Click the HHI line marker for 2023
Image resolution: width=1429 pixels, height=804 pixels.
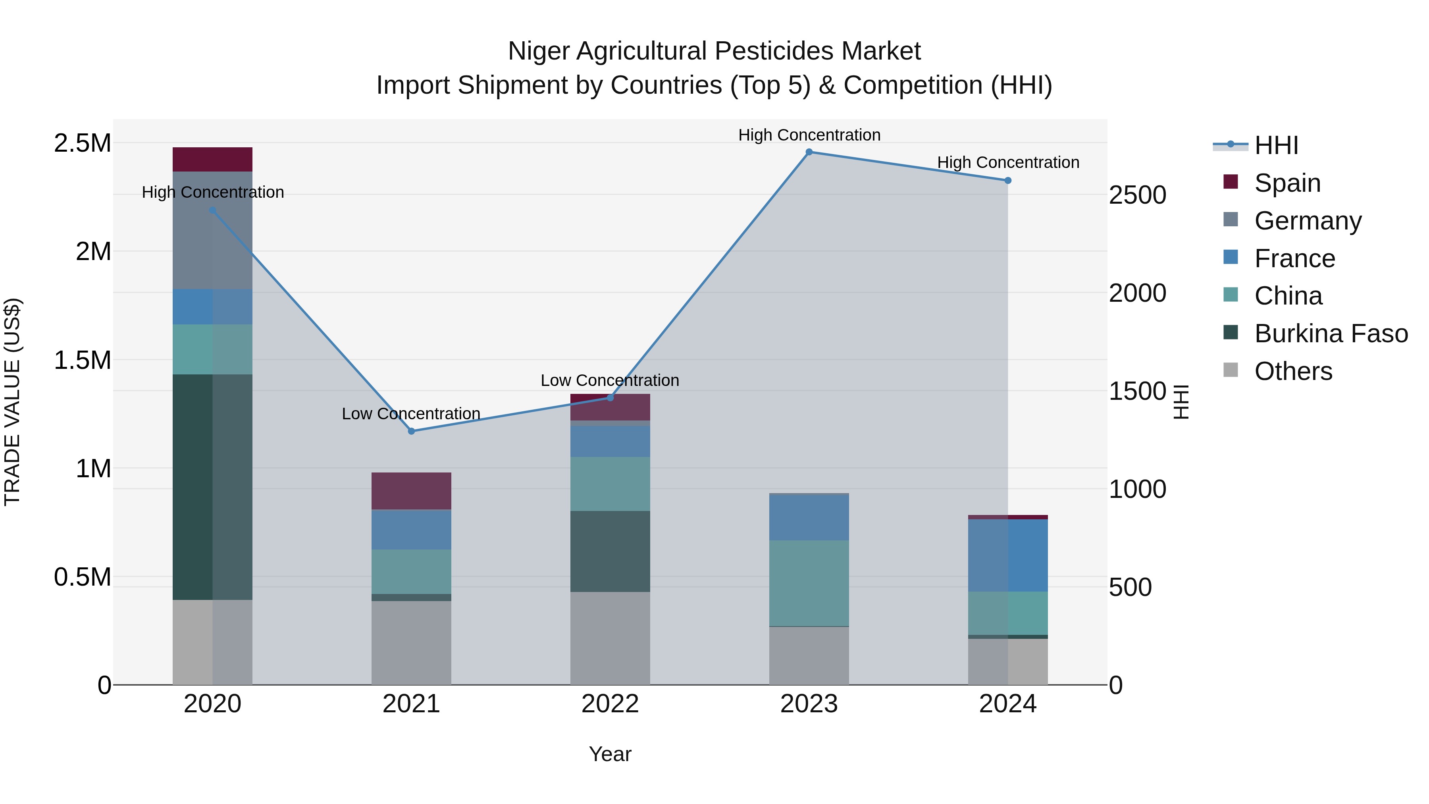pos(809,152)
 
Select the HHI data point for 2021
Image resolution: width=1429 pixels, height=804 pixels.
pos(411,431)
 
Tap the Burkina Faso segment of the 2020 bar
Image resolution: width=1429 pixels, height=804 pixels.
pos(212,487)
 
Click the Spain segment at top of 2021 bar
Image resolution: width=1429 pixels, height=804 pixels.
pos(411,491)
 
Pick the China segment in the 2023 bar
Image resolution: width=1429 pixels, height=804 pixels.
pos(809,583)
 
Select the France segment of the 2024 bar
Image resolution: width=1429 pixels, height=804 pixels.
pos(1008,555)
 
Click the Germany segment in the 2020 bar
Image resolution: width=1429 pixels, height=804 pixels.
pos(212,230)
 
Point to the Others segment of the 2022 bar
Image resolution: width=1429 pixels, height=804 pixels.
pos(610,638)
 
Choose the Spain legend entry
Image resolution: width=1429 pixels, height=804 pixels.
pos(1287,183)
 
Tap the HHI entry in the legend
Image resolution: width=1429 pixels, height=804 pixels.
pos(1276,145)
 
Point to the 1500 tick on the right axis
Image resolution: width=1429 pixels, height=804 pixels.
pos(1137,391)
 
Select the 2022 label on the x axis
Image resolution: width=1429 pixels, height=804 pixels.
pos(610,704)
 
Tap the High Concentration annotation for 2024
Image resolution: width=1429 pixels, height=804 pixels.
pos(1008,162)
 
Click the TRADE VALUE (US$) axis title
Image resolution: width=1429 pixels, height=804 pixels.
pos(12,402)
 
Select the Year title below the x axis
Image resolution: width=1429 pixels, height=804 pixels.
pos(610,754)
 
